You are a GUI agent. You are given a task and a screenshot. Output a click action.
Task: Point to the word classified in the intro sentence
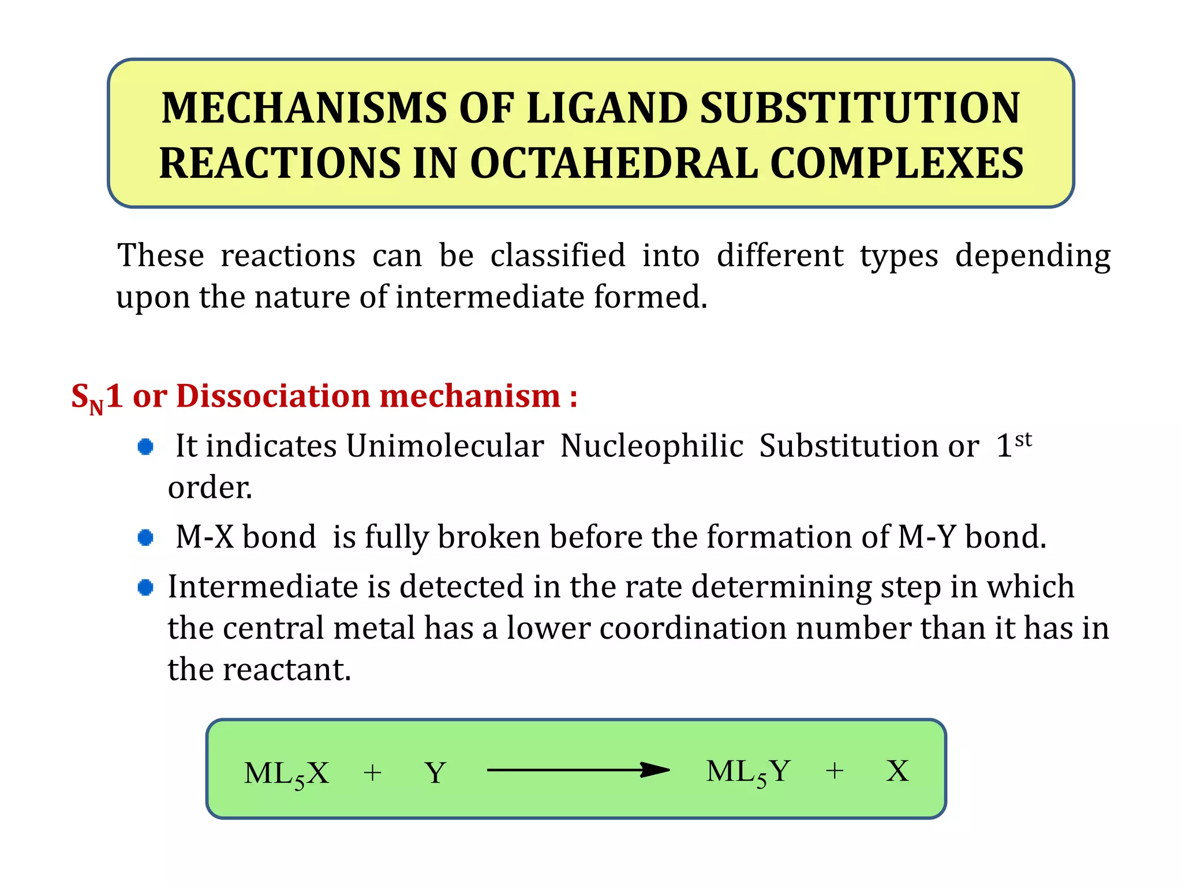(x=558, y=255)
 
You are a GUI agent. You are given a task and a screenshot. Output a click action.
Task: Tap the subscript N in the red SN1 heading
(x=96, y=408)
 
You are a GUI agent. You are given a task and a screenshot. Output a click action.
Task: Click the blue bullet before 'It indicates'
(x=145, y=446)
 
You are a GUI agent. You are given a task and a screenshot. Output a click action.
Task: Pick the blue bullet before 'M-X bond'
(x=145, y=538)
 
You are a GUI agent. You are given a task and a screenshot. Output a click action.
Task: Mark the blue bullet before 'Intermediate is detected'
(x=145, y=587)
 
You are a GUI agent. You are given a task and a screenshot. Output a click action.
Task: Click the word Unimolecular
(x=444, y=446)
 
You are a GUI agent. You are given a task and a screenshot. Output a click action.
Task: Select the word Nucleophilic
(x=652, y=446)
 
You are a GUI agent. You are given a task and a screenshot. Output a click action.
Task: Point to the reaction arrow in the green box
(x=578, y=770)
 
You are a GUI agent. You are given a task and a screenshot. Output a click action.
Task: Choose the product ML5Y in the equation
(x=748, y=772)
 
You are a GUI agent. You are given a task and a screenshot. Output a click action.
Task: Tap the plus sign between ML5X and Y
(x=372, y=773)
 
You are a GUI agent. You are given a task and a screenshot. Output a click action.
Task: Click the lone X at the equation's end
(x=897, y=771)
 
